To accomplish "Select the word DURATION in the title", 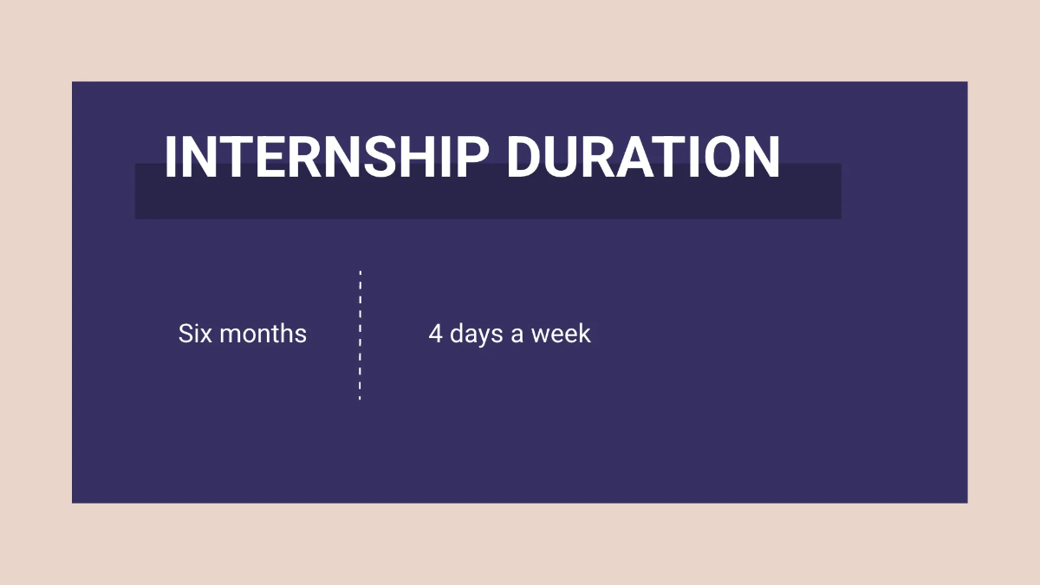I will tap(642, 158).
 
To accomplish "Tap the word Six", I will tap(194, 334).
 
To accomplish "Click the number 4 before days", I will tap(435, 334).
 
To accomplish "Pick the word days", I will tap(477, 335).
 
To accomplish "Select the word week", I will tap(561, 334).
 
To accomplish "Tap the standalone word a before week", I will tap(517, 335).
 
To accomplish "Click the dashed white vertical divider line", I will tap(360, 335).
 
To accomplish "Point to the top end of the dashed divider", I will tap(360, 272).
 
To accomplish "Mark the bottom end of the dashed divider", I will tap(360, 397).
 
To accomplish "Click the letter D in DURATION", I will tap(524, 158).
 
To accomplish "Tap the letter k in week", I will tap(583, 334).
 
